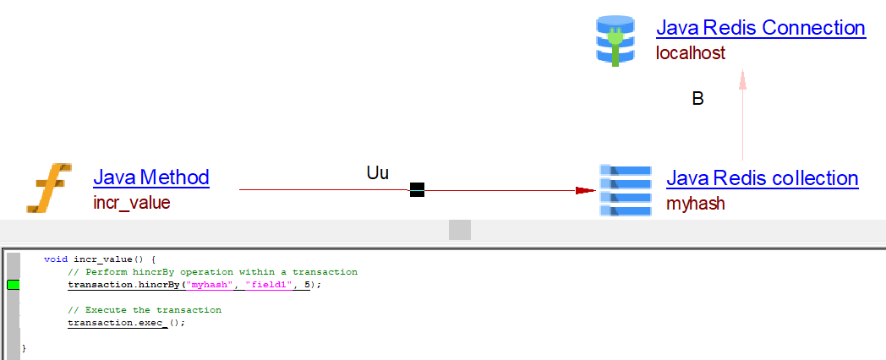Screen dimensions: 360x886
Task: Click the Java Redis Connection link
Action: [x=760, y=28]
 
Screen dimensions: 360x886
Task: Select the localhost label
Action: [x=690, y=53]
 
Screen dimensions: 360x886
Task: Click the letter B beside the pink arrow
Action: [x=697, y=99]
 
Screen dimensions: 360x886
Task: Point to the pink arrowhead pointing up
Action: [x=742, y=79]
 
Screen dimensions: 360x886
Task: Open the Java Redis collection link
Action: [x=762, y=178]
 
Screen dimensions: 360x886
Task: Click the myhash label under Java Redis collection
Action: [x=696, y=204]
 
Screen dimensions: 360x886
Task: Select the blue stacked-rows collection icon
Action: [x=625, y=190]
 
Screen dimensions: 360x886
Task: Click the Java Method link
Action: [x=150, y=177]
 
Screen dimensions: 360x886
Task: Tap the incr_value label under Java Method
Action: [x=131, y=203]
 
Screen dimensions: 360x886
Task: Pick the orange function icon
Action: [x=48, y=187]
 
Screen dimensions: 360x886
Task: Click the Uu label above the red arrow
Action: [x=377, y=173]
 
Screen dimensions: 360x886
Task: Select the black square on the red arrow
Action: [x=417, y=190]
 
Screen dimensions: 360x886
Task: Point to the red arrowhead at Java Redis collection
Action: [x=584, y=190]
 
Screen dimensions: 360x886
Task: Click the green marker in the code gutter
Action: [x=13, y=285]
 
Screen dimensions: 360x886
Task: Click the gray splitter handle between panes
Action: [x=459, y=230]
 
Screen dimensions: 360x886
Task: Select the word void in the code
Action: [x=56, y=259]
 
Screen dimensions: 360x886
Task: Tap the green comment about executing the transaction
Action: [x=144, y=310]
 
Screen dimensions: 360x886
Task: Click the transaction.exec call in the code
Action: [x=125, y=323]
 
